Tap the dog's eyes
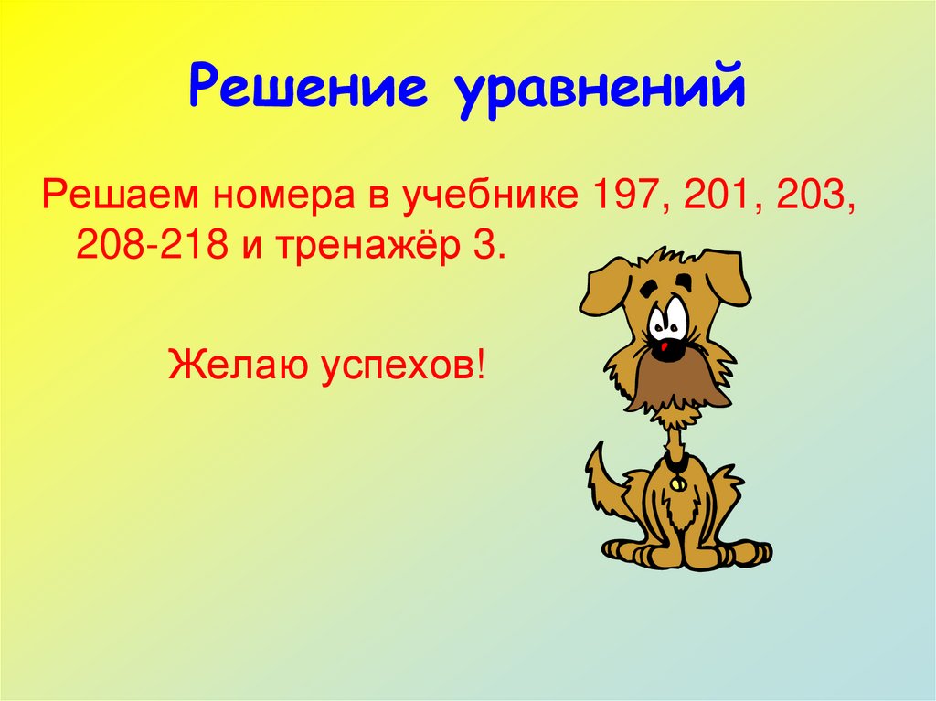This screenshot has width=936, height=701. pos(667,315)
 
